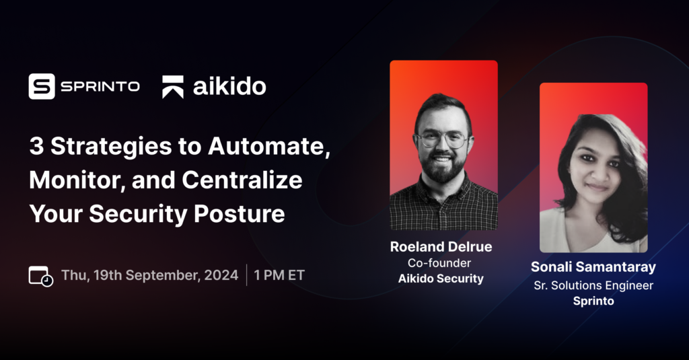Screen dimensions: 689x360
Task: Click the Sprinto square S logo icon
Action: point(42,86)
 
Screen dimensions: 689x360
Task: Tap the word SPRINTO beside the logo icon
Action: point(100,87)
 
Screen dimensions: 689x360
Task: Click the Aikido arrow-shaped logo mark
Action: point(173,87)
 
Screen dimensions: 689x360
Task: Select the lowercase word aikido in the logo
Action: point(229,85)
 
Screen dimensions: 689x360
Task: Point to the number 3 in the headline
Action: point(36,146)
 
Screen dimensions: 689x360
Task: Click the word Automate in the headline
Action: point(269,146)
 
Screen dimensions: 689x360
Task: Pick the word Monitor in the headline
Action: point(77,180)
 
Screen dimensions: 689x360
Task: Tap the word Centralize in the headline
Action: point(242,180)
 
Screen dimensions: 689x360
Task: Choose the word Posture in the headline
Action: point(240,214)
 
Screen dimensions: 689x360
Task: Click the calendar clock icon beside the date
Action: point(41,276)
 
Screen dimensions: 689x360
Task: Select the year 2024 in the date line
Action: point(221,275)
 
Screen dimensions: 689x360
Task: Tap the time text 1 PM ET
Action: point(279,275)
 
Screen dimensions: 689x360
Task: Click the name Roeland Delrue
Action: point(441,246)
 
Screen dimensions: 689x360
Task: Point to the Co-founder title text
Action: point(439,263)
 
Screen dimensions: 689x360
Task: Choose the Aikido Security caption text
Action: point(441,279)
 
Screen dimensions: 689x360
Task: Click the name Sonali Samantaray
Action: point(593,267)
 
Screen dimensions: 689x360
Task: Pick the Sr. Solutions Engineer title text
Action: point(593,285)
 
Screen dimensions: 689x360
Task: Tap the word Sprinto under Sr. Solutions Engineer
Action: point(593,301)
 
